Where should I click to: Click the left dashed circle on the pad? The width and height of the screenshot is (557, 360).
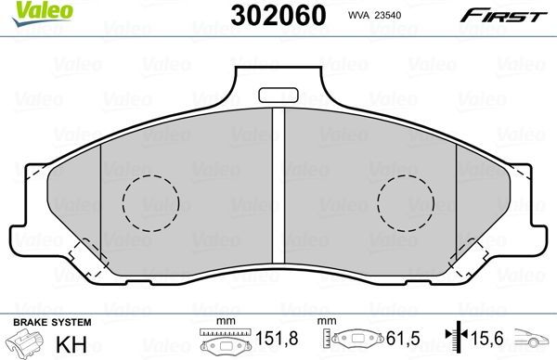(150, 201)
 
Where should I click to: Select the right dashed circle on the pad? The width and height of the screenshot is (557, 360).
(406, 201)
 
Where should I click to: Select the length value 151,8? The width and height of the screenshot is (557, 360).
(266, 341)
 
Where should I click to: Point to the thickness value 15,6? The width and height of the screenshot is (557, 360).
(481, 341)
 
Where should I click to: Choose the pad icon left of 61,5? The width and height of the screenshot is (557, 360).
(354, 341)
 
